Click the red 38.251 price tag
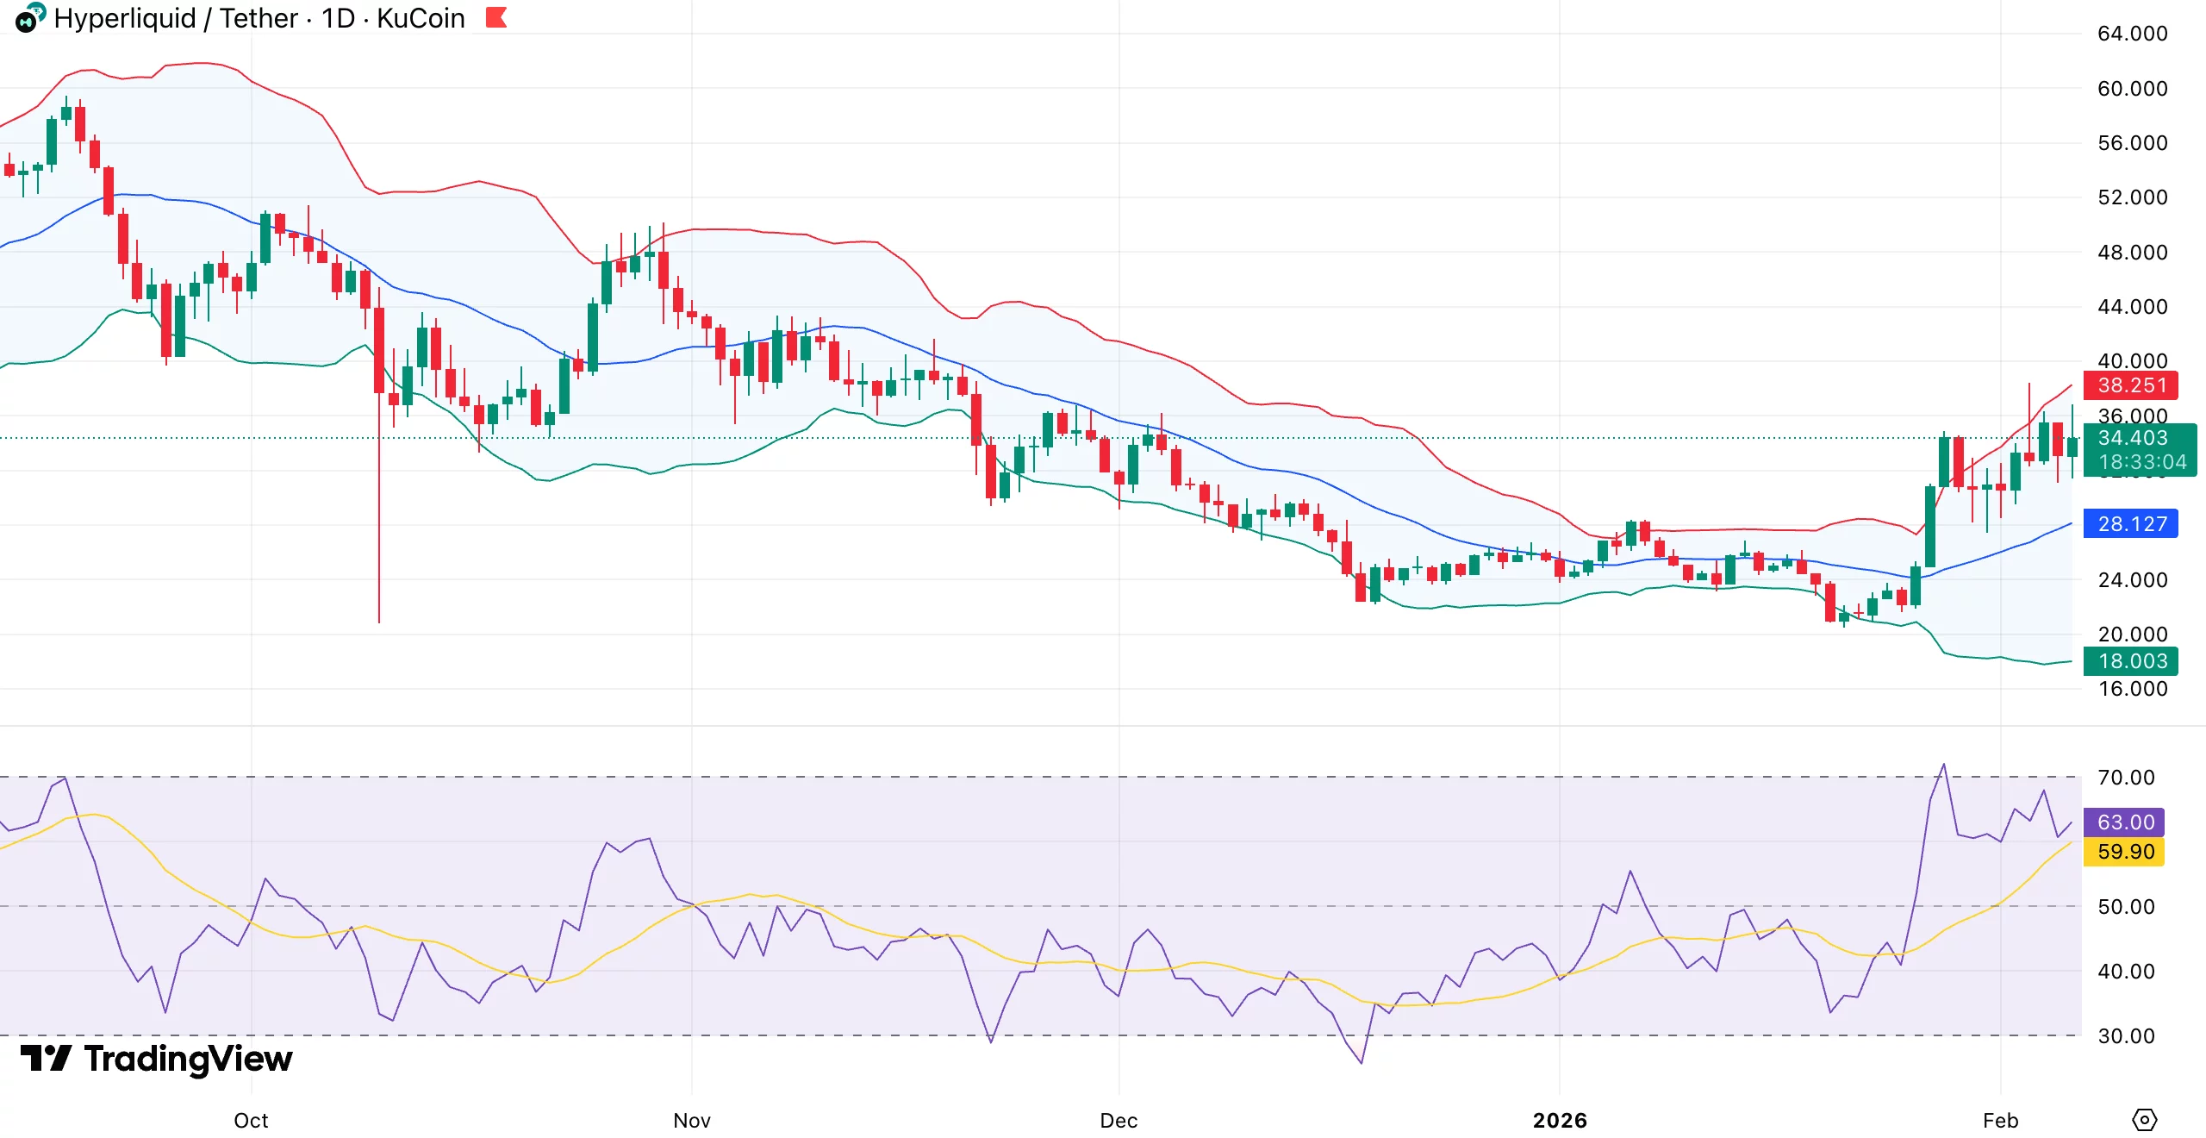tap(2130, 385)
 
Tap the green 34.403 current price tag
tap(2139, 439)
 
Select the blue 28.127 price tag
tap(2130, 524)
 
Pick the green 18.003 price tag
tap(2130, 661)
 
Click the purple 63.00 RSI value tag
tap(2125, 822)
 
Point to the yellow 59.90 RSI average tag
tap(2125, 852)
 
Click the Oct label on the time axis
tap(251, 1121)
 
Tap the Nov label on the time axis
tap(691, 1121)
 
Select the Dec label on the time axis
tap(1119, 1121)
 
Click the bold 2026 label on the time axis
tap(1560, 1121)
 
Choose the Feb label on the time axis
tap(2000, 1121)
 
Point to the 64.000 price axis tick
tap(2132, 34)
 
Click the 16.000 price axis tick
tap(2132, 689)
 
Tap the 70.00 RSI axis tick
tap(2126, 778)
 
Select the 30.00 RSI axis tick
tap(2126, 1036)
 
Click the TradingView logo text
tap(188, 1059)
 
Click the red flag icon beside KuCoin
tap(496, 17)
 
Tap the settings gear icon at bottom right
tap(2144, 1120)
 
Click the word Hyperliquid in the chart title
tap(125, 18)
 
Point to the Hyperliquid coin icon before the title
tap(29, 18)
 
